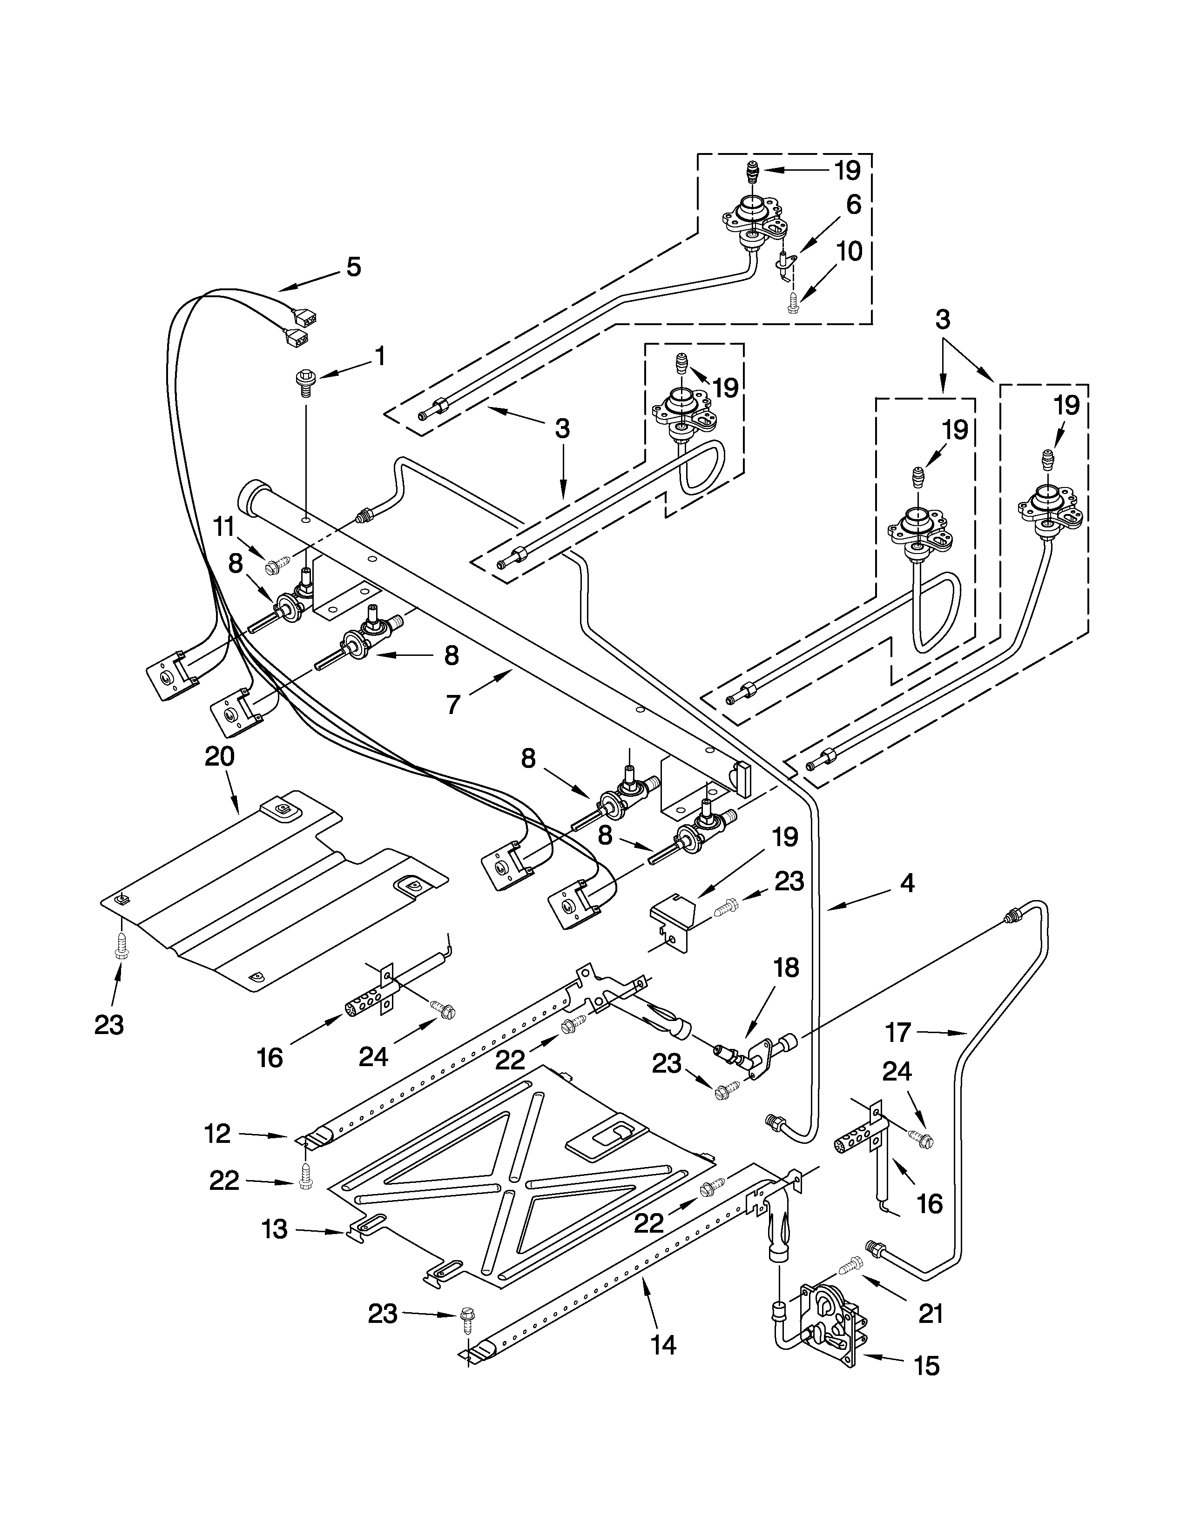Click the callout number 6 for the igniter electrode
[853, 205]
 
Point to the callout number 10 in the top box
[850, 251]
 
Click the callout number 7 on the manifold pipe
[453, 703]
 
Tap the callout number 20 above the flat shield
[219, 756]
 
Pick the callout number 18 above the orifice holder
[786, 968]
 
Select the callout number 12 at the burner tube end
[217, 1134]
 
